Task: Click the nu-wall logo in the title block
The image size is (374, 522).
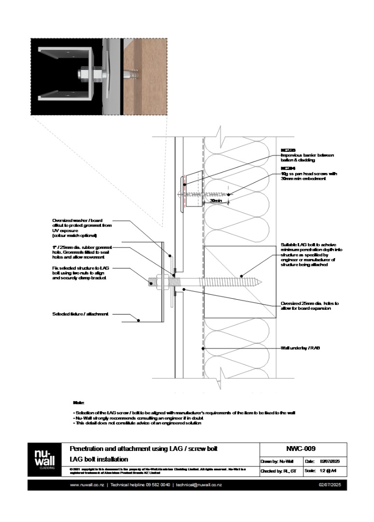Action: tap(45, 459)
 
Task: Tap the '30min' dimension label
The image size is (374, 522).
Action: tap(216, 201)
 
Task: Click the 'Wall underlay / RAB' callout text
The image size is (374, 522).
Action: tap(301, 348)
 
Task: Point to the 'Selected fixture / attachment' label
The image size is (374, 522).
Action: tap(80, 314)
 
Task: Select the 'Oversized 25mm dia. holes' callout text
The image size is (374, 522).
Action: tap(310, 306)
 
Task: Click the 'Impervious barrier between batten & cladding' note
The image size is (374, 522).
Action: tap(307, 158)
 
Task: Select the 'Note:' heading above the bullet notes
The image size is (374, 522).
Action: tap(78, 402)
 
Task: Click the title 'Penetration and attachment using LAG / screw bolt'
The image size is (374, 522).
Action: tap(144, 449)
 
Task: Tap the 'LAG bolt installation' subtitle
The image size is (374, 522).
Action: tap(99, 459)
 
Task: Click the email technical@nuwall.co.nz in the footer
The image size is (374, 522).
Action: tap(199, 485)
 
